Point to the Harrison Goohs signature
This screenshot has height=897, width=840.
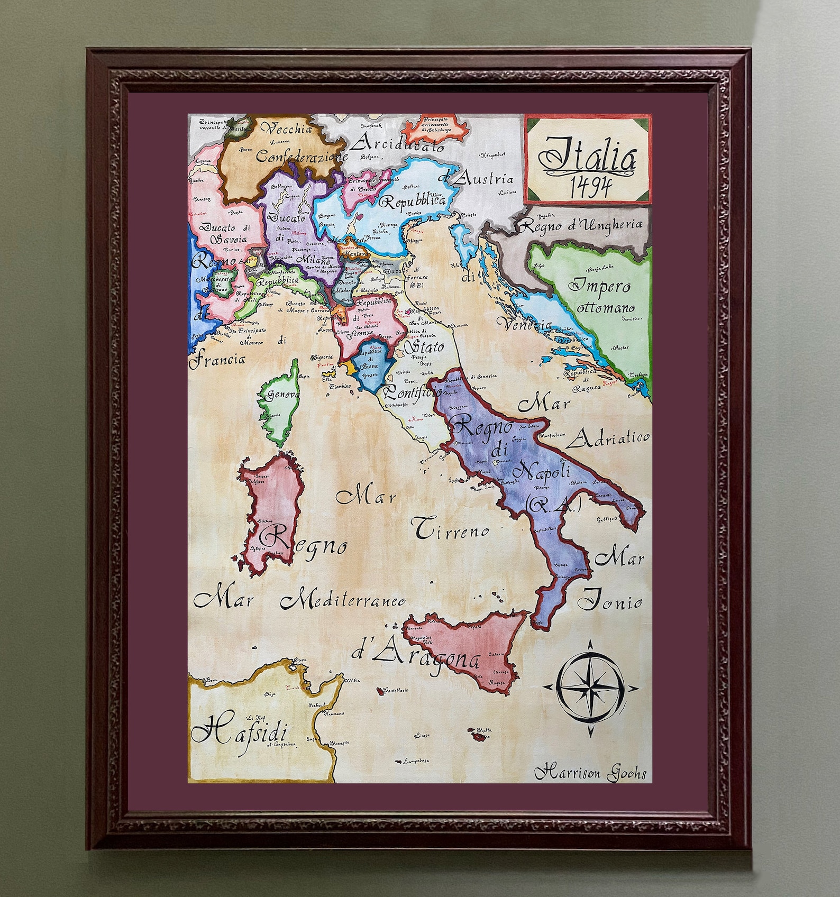click(x=590, y=773)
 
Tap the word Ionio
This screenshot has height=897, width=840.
click(x=610, y=601)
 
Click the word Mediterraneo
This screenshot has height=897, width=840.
click(x=343, y=600)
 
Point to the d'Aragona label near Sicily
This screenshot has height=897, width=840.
click(x=416, y=656)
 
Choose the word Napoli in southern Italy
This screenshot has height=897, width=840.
click(x=543, y=470)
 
